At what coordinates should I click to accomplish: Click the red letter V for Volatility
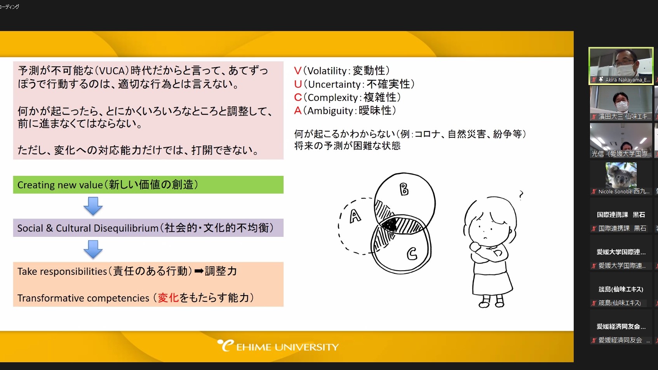click(298, 71)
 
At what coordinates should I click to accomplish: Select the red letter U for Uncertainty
click(298, 84)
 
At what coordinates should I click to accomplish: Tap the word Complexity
click(333, 97)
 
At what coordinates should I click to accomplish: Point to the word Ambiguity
click(330, 111)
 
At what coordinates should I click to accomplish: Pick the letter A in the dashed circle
click(355, 217)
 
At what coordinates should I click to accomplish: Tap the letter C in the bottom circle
click(412, 254)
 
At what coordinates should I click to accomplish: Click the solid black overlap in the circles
click(389, 225)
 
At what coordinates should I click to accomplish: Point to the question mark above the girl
click(521, 195)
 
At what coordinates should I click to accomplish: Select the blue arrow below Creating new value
click(93, 206)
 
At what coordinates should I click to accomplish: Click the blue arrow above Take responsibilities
click(93, 249)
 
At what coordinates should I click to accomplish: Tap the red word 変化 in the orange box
click(168, 298)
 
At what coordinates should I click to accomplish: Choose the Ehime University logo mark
click(226, 345)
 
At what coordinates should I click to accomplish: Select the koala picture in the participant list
click(621, 175)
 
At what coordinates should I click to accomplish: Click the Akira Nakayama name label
click(628, 80)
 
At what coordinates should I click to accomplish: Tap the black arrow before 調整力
click(199, 271)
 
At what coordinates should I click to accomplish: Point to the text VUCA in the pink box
click(113, 71)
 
